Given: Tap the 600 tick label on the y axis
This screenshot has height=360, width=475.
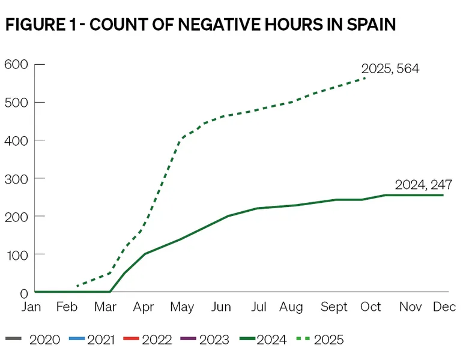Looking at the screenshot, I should click(16, 64).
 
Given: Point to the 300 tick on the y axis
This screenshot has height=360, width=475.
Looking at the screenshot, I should click(16, 178).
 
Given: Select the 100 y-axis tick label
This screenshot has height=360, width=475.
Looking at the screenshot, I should click(16, 254).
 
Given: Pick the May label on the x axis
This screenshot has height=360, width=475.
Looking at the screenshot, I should click(183, 307).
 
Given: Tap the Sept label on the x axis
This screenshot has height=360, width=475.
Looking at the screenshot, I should click(334, 307).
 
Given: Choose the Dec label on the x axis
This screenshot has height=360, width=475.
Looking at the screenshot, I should click(444, 307).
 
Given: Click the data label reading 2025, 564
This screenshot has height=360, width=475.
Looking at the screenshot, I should click(390, 68).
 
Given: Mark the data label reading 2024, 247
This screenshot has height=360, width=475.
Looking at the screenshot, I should click(423, 185).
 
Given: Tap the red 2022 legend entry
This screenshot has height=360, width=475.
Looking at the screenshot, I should click(148, 340).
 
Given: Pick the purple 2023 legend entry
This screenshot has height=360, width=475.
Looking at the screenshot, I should click(204, 340).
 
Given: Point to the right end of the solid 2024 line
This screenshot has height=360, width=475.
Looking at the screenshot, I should click(443, 195).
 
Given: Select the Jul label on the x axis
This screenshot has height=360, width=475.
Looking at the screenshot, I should click(259, 307).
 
